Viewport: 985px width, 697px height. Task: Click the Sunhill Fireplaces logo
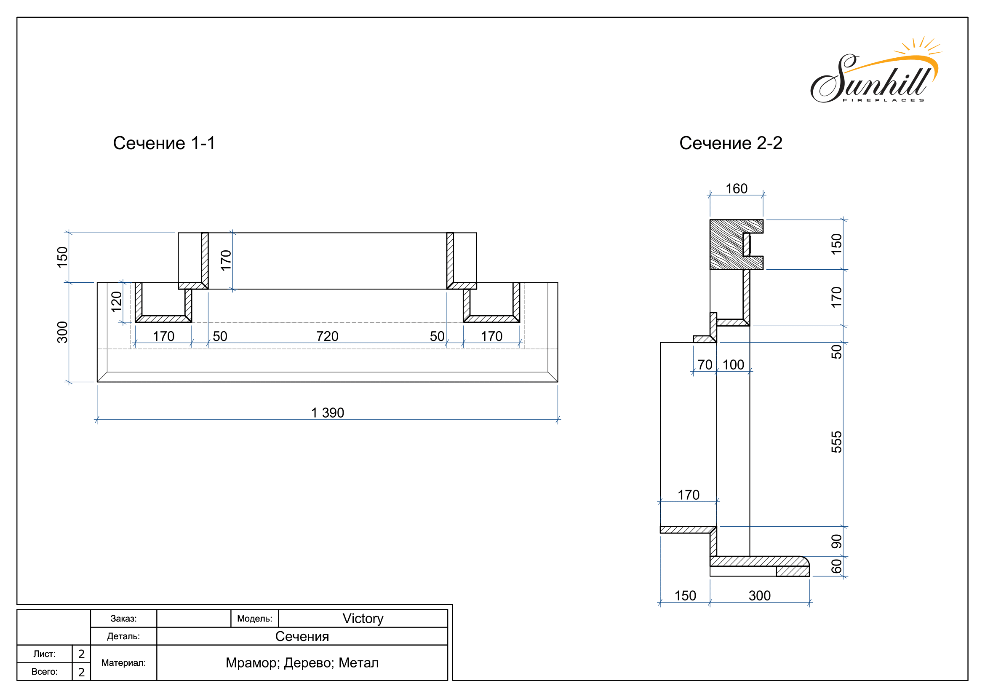coord(875,71)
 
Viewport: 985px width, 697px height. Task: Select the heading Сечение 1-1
coord(164,143)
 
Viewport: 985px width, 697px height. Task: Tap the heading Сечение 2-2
coord(731,143)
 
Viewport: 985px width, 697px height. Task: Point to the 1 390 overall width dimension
coord(327,413)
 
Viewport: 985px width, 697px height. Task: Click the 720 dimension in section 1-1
coord(327,336)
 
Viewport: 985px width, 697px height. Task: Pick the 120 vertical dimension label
coord(117,302)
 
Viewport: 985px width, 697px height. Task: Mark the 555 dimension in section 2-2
coord(837,442)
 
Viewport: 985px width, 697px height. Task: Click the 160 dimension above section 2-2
coord(736,188)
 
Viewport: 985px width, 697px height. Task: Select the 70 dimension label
coord(705,365)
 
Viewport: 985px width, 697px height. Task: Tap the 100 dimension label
coord(733,365)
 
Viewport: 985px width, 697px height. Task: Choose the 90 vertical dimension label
coord(837,541)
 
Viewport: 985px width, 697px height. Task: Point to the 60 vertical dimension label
coord(837,566)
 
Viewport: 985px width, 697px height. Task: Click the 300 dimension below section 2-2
coord(759,595)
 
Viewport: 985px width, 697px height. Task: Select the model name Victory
coord(363,619)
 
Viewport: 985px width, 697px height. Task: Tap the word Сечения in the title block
coord(302,636)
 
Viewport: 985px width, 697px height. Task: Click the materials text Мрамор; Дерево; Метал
coord(302,663)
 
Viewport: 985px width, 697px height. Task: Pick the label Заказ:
coord(123,619)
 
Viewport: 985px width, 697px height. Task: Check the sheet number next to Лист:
coord(82,654)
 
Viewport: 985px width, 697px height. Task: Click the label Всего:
coord(45,672)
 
